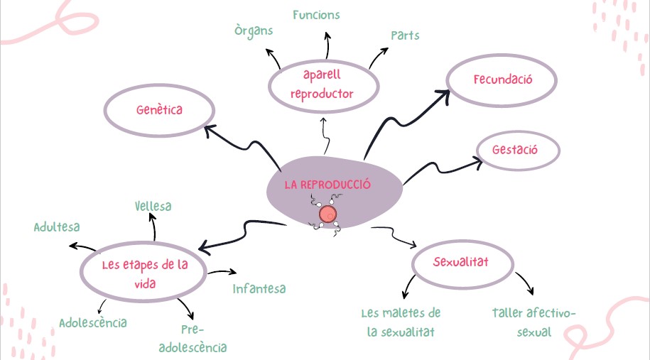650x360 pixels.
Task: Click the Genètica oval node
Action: click(x=159, y=110)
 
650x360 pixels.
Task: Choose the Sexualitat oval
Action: click(x=462, y=262)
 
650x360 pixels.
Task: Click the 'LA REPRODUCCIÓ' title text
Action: click(x=327, y=185)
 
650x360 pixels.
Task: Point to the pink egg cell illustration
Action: click(x=327, y=214)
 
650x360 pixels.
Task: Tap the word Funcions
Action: click(x=316, y=15)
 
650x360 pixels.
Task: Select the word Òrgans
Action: click(x=254, y=31)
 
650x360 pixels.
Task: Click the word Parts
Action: click(x=405, y=36)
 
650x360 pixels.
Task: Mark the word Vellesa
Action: click(x=153, y=206)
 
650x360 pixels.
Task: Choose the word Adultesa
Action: click(x=57, y=227)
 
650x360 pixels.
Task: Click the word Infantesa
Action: click(x=259, y=289)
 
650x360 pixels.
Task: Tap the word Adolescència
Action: click(x=93, y=323)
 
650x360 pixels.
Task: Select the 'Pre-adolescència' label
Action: click(x=193, y=339)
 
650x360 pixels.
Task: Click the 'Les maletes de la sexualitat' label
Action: click(x=401, y=322)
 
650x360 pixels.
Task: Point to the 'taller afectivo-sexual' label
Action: click(x=534, y=322)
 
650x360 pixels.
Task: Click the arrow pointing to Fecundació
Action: click(x=405, y=117)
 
